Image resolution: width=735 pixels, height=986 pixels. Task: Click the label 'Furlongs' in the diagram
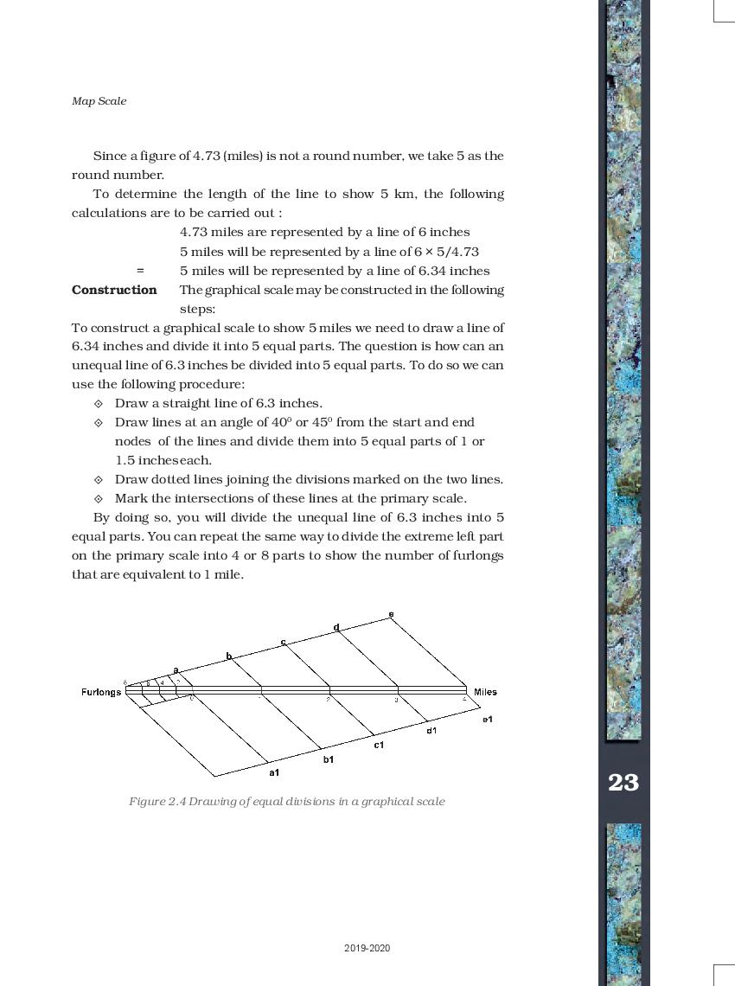click(101, 692)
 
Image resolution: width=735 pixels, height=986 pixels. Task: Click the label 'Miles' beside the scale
click(485, 692)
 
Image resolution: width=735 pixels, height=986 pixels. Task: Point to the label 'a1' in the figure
click(274, 772)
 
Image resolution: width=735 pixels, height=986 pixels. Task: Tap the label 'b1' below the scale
click(329, 759)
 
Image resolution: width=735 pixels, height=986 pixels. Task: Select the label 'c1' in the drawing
click(379, 745)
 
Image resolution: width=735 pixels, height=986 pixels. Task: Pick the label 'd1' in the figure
click(431, 731)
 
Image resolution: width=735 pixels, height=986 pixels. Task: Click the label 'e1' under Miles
click(488, 719)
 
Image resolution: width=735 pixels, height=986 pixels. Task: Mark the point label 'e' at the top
click(391, 614)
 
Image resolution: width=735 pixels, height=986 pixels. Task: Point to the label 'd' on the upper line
click(336, 627)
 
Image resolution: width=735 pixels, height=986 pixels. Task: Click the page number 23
click(623, 783)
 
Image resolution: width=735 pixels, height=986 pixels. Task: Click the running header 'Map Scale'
click(99, 101)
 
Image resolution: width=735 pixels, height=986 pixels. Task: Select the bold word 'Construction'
click(114, 290)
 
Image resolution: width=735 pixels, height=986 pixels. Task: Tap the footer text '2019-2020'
click(367, 948)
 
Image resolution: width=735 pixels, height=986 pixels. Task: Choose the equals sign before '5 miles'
click(140, 271)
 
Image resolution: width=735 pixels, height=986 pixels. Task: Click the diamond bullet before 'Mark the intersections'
click(98, 498)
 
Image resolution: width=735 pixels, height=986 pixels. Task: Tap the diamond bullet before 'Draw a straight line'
click(98, 403)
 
